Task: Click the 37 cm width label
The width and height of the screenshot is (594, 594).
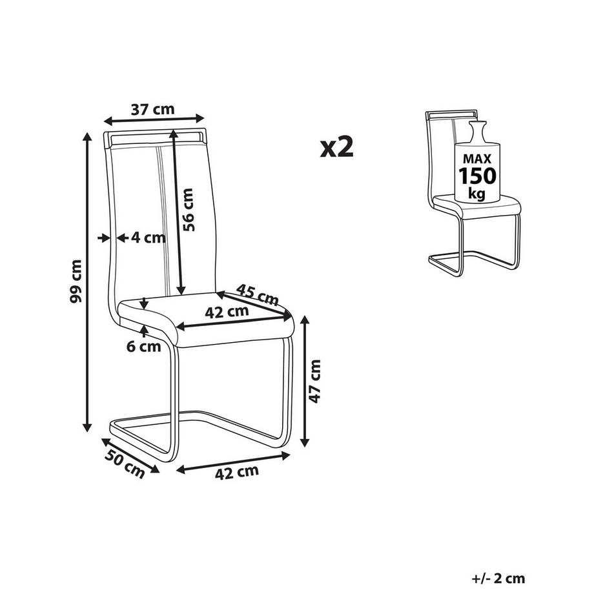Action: (152, 109)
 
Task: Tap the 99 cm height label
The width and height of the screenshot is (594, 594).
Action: (76, 282)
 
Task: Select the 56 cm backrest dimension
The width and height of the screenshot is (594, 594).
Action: (187, 209)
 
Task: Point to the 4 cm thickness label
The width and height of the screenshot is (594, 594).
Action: (148, 238)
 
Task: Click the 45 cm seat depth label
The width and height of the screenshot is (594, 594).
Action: (256, 294)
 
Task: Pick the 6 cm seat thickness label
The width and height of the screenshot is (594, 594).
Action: (143, 347)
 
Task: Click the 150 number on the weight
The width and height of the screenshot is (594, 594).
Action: (477, 176)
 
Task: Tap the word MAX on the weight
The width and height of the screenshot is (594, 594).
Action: (477, 158)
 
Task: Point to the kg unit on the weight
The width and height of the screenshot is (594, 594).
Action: (477, 193)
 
